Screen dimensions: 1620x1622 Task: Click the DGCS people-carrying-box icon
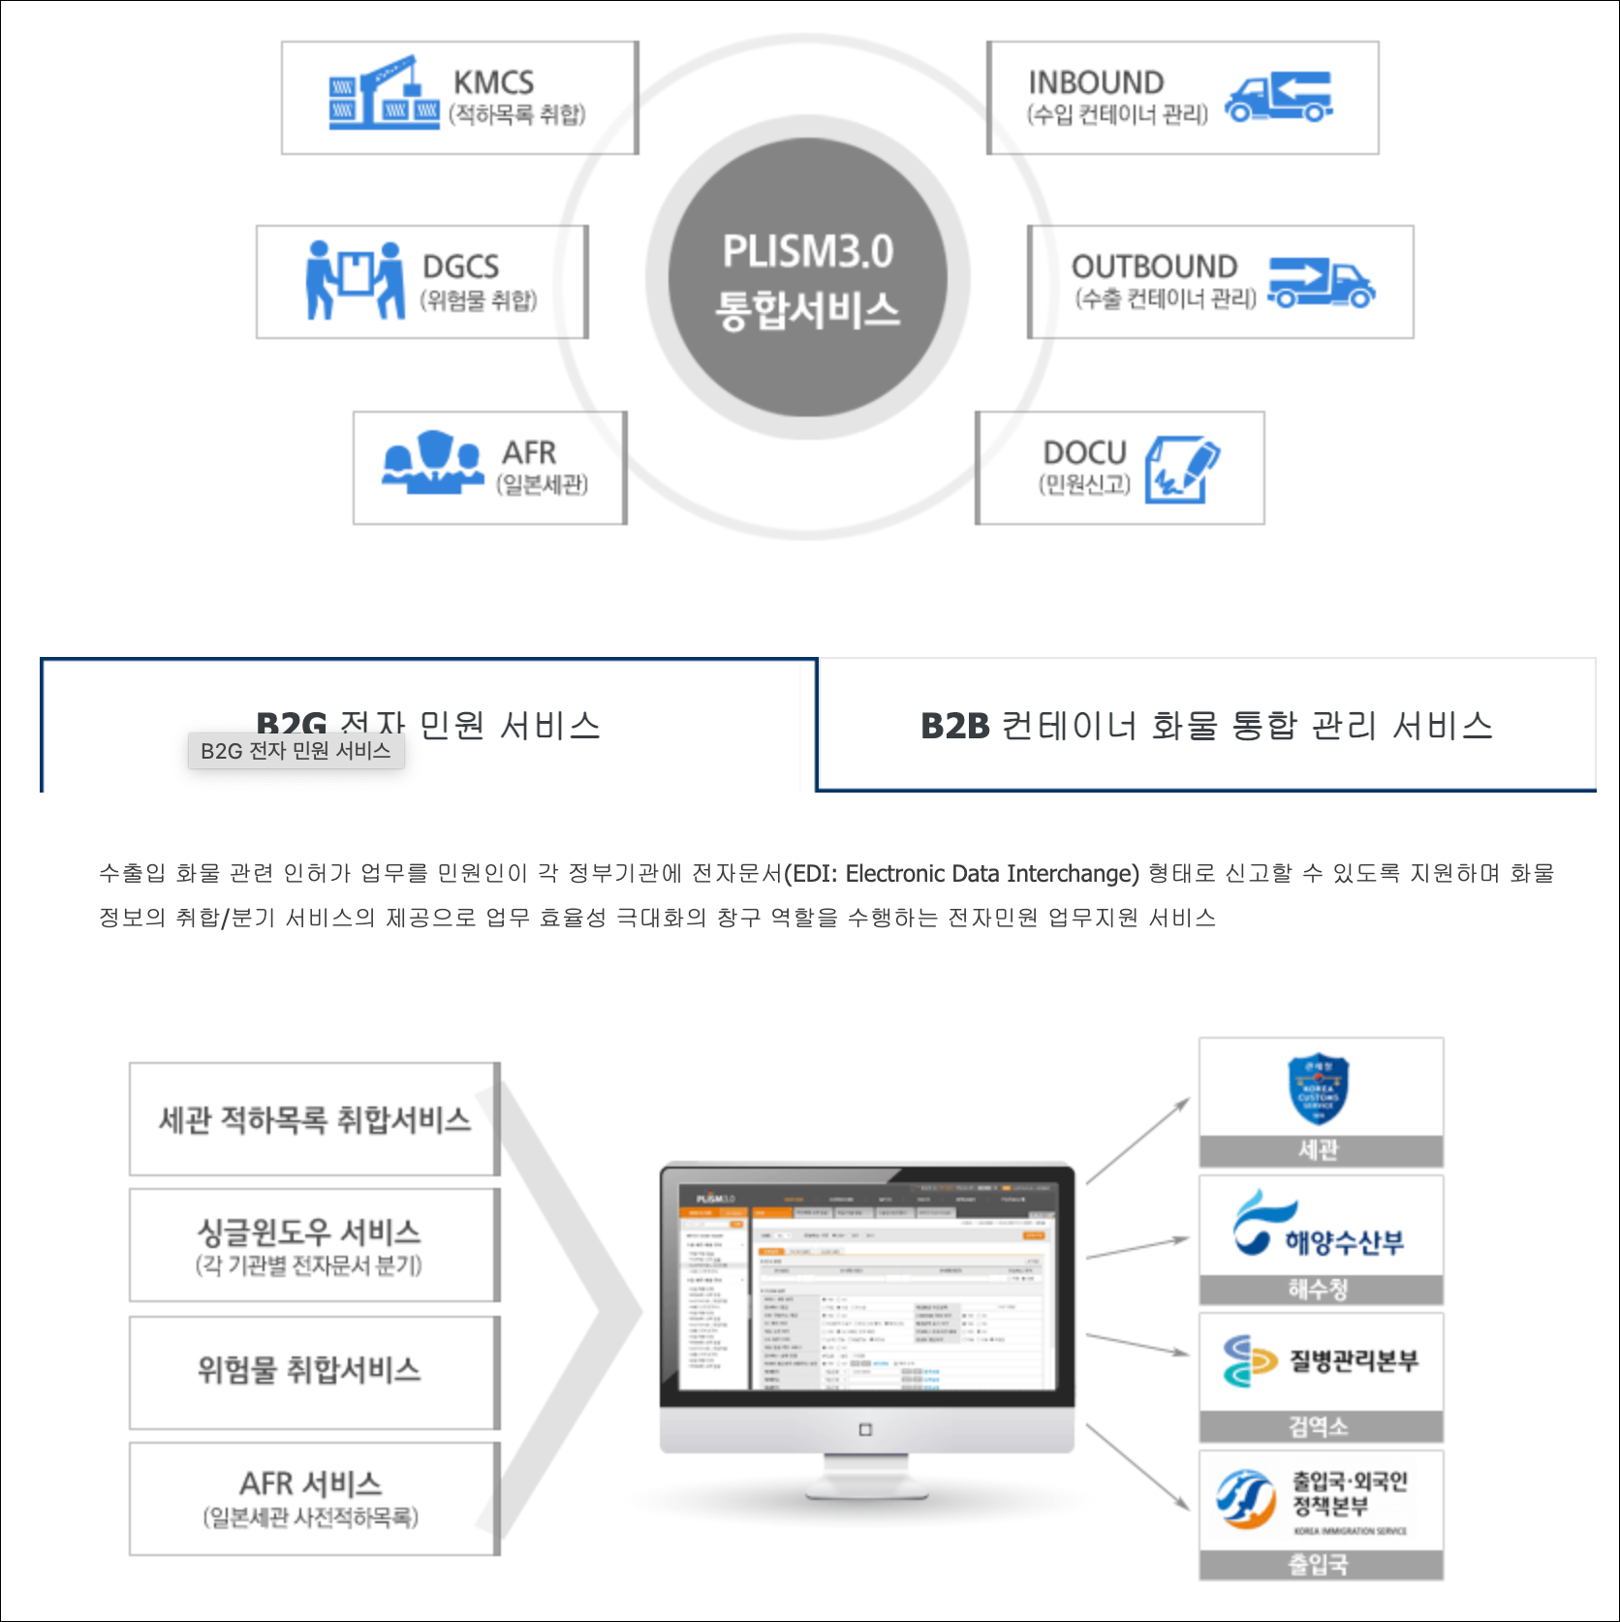[354, 279]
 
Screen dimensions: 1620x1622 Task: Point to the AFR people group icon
[432, 463]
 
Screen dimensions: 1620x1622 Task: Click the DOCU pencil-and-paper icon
[1181, 469]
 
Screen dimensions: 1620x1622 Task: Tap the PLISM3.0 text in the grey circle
[808, 252]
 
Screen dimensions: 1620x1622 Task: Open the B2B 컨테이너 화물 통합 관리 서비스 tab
[1206, 725]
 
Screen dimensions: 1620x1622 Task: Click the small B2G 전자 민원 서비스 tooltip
[296, 751]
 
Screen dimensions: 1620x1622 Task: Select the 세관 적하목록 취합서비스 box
[314, 1119]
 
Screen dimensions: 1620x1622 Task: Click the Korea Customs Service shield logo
[1318, 1089]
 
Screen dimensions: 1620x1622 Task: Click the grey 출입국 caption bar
[1320, 1564]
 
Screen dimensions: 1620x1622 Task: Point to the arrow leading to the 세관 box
[1137, 1140]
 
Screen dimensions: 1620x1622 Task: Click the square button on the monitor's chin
[865, 1429]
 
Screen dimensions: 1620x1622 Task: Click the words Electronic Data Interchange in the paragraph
[992, 874]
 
